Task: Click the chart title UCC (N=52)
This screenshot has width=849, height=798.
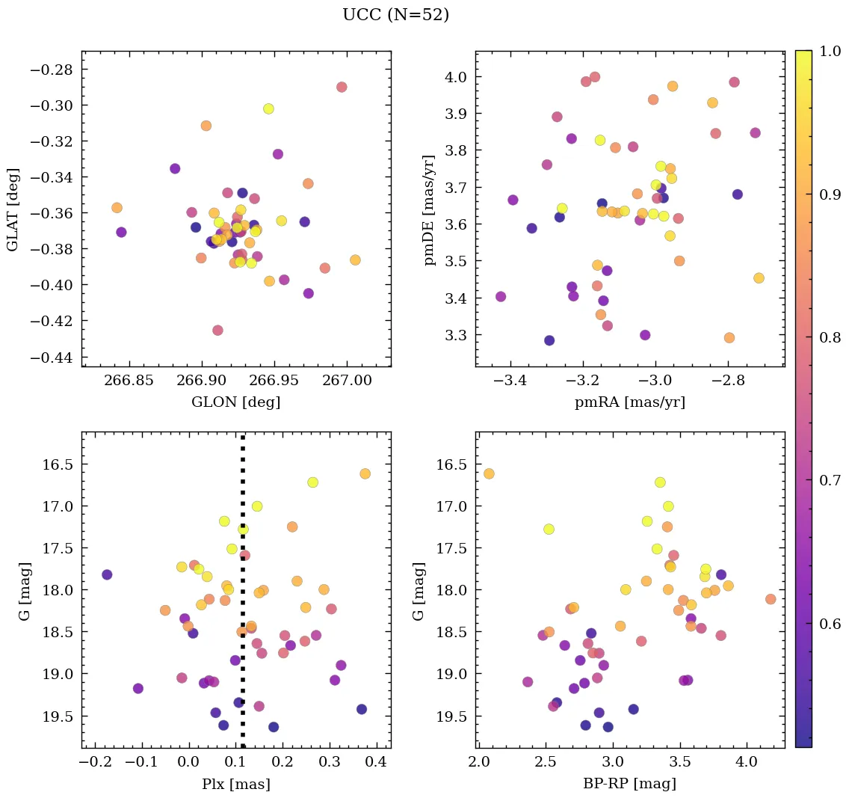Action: pos(395,15)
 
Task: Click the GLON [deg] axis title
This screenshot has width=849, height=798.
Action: pos(235,402)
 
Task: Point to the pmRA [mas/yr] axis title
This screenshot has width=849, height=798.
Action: pos(629,402)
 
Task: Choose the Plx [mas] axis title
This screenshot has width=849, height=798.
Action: pos(235,784)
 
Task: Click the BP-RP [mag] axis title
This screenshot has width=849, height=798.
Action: pos(629,784)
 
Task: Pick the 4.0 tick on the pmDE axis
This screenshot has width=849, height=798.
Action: pos(455,77)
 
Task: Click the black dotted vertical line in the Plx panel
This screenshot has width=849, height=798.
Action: pos(242,598)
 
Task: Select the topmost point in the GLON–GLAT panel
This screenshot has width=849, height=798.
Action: pos(342,87)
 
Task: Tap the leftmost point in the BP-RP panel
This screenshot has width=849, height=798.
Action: pos(489,473)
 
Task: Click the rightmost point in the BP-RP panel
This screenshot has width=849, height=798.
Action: pos(771,599)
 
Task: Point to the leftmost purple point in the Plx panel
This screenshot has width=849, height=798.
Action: pos(107,574)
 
